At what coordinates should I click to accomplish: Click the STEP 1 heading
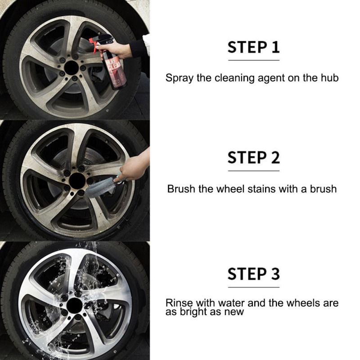click(253, 47)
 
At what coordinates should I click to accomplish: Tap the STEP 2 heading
click(253, 158)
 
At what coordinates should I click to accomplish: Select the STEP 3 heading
click(253, 274)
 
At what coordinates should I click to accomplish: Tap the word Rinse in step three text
click(179, 303)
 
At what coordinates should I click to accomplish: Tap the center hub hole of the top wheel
click(72, 68)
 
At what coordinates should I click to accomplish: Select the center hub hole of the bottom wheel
click(74, 306)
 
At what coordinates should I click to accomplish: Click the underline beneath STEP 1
click(254, 60)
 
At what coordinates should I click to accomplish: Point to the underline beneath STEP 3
click(254, 287)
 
